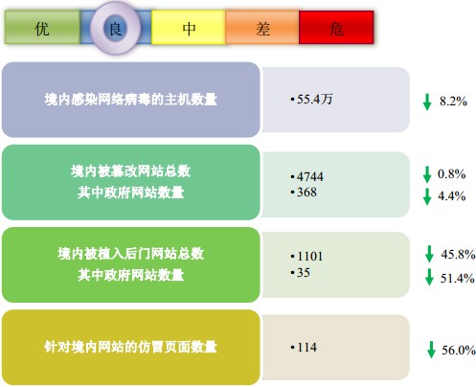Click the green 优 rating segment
(42, 27)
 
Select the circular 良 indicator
(115, 28)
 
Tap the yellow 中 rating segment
(189, 27)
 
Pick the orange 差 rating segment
(262, 27)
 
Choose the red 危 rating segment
(336, 27)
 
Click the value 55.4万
(314, 99)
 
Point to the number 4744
(310, 176)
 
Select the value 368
(306, 193)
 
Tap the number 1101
(310, 257)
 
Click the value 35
(304, 272)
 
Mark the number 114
(307, 347)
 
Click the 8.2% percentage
(453, 102)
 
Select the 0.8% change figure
(451, 174)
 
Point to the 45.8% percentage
(458, 254)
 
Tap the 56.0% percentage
(459, 350)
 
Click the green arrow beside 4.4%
(427, 196)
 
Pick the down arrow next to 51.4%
(429, 277)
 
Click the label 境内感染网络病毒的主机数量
(131, 100)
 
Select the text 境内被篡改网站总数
(131, 171)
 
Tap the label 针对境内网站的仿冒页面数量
(131, 347)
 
